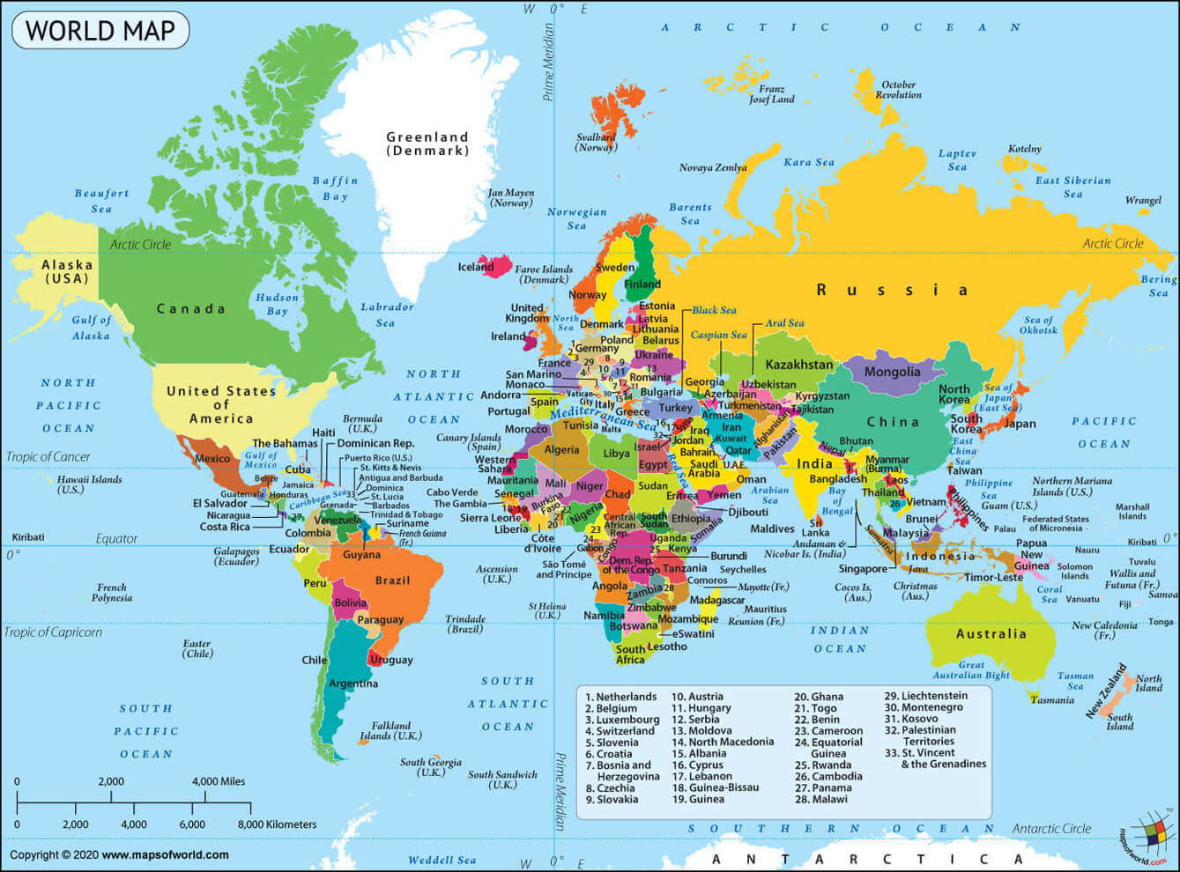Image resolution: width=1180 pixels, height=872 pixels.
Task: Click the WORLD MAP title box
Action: pyautogui.click(x=100, y=31)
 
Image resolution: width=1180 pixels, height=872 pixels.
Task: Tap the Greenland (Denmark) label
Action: pyautogui.click(x=427, y=144)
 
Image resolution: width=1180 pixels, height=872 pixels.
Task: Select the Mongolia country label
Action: pyautogui.click(x=892, y=372)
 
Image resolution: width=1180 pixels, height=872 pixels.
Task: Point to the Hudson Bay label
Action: pyautogui.click(x=277, y=304)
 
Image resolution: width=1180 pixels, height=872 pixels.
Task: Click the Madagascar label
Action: pyautogui.click(x=716, y=600)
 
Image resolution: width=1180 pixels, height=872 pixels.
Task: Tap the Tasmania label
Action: pyautogui.click(x=1052, y=700)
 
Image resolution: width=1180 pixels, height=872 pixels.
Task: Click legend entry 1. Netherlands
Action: pyautogui.click(x=620, y=697)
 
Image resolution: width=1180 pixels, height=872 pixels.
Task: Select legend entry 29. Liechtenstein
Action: pyautogui.click(x=925, y=696)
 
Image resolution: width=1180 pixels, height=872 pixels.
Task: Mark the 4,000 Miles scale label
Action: pyautogui.click(x=219, y=781)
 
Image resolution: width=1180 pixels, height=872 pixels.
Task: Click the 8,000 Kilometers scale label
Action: pyautogui.click(x=277, y=824)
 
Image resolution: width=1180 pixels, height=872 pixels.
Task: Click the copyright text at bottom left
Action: pyautogui.click(x=119, y=854)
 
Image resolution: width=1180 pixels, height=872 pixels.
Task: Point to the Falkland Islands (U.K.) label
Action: pyautogui.click(x=390, y=731)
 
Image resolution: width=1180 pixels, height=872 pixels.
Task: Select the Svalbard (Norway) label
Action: pyautogui.click(x=596, y=143)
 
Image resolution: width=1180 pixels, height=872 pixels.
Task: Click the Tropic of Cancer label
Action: pyautogui.click(x=48, y=456)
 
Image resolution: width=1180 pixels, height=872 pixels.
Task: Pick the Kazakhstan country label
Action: pyautogui.click(x=798, y=365)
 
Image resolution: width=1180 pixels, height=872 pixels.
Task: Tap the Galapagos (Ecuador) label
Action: pyautogui.click(x=236, y=556)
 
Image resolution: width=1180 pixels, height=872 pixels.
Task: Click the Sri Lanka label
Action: pyautogui.click(x=815, y=528)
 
